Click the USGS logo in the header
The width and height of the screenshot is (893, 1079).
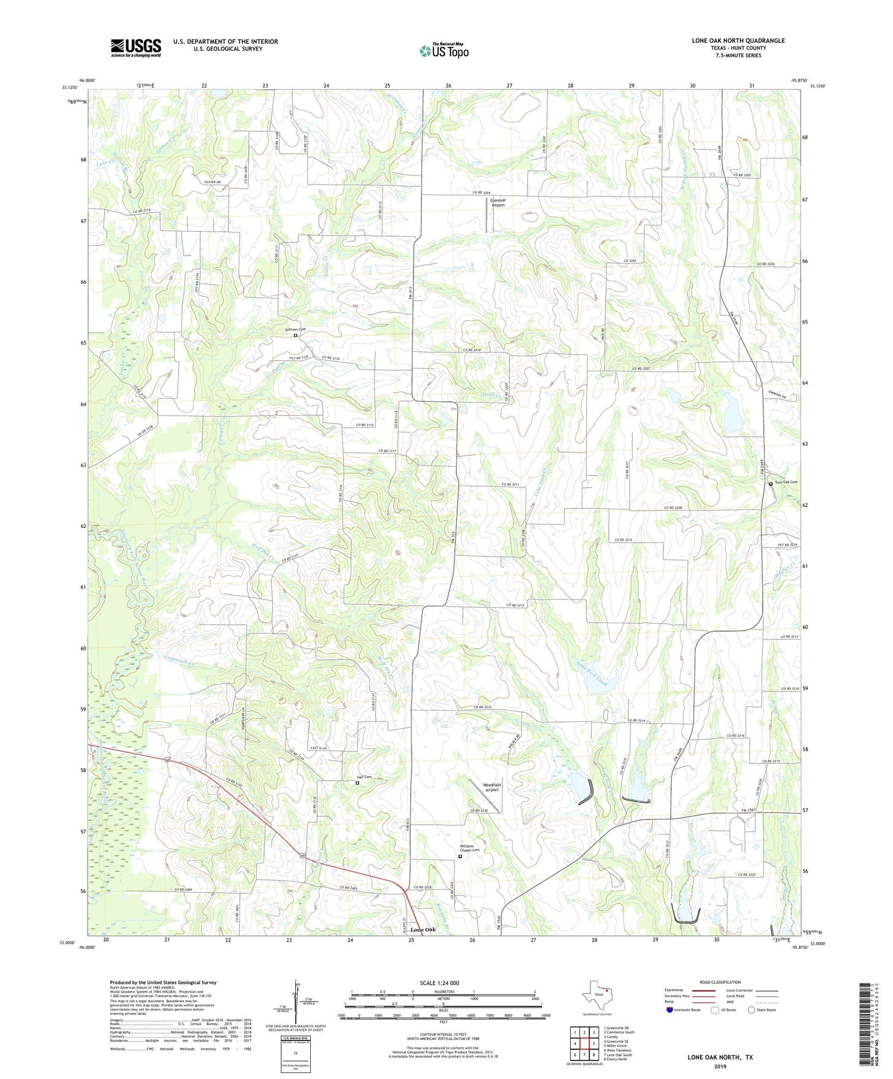(136, 48)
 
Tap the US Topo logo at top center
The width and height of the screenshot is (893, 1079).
(444, 51)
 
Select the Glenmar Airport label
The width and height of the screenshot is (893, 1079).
(498, 203)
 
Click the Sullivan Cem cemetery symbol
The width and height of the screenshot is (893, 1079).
(295, 335)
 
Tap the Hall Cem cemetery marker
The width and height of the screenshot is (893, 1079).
(357, 783)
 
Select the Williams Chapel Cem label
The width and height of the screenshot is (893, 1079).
(469, 848)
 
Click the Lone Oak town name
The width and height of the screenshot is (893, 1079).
(426, 929)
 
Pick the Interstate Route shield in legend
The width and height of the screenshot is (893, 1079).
(670, 1009)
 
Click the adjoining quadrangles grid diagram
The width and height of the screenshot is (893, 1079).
(584, 1043)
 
